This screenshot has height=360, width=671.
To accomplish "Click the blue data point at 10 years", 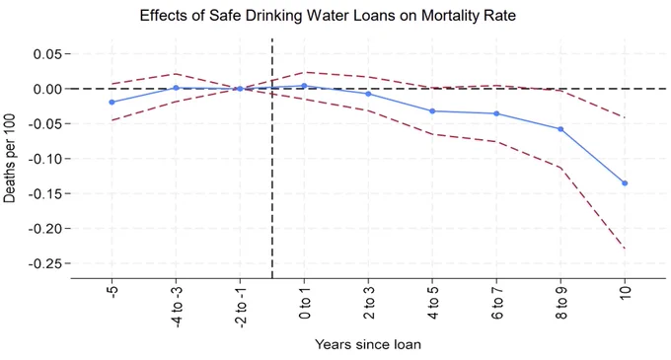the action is (x=625, y=183).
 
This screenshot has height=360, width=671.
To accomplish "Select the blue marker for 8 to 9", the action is (x=560, y=128).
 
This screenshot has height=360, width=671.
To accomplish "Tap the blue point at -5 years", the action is (x=112, y=102).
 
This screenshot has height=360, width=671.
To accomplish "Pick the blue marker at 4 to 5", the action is (x=432, y=110).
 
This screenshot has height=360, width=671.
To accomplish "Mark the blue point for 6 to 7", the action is (x=496, y=113).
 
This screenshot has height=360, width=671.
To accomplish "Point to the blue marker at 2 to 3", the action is (x=368, y=94).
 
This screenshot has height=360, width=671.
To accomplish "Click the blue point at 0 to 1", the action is (x=304, y=86).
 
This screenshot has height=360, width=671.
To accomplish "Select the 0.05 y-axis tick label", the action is (x=48, y=54).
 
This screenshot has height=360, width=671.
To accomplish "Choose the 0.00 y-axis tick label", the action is (x=48, y=89).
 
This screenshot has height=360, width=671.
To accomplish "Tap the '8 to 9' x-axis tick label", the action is (x=560, y=303).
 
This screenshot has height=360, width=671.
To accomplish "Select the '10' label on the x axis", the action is (x=625, y=293).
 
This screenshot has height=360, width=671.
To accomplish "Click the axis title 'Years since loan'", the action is (x=368, y=344).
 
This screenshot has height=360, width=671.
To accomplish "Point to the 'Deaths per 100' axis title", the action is (x=10, y=158).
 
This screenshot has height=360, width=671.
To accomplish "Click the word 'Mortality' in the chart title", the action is (x=448, y=16).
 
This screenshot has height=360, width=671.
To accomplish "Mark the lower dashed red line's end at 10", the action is (x=625, y=248).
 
